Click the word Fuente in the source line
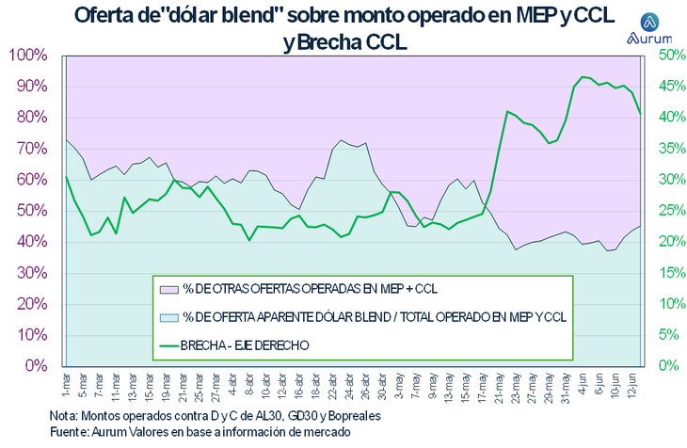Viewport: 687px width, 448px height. pos(71,431)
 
